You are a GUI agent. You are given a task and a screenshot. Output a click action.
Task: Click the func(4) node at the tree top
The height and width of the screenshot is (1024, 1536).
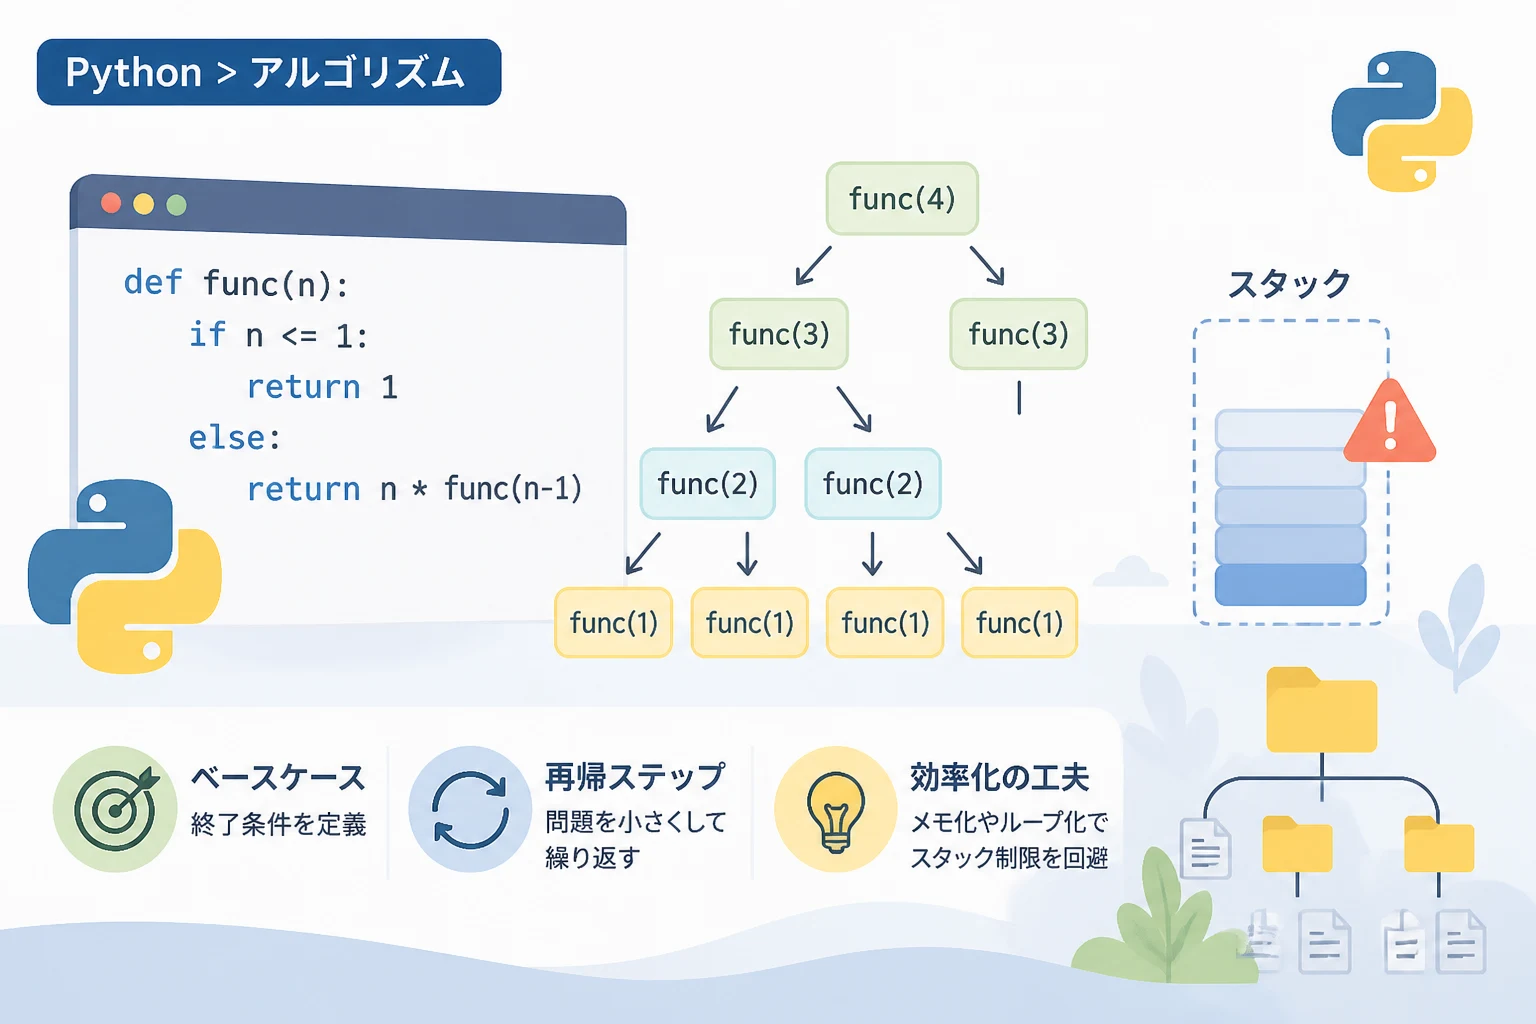[x=902, y=199]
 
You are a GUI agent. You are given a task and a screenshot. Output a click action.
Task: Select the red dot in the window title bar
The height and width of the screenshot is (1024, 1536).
[x=111, y=203]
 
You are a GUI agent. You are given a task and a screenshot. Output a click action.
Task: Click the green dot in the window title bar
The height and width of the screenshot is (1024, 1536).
[x=176, y=204]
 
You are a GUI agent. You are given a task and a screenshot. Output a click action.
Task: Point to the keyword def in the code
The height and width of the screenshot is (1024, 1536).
[x=152, y=283]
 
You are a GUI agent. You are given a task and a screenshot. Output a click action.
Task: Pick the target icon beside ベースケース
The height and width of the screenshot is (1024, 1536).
[x=115, y=809]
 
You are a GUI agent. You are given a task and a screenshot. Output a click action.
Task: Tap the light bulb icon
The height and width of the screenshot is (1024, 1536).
[x=835, y=809]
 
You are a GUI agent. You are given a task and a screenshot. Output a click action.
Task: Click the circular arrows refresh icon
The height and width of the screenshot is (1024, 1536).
[x=470, y=809]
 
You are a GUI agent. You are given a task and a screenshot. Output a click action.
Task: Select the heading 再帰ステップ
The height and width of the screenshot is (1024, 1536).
[x=635, y=777]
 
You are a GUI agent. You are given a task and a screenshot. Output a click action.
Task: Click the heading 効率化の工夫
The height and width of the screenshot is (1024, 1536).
[x=999, y=777]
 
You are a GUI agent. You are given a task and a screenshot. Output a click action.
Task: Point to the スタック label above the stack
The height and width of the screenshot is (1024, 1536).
[x=1289, y=284]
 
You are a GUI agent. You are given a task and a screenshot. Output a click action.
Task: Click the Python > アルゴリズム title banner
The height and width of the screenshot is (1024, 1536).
[x=269, y=72]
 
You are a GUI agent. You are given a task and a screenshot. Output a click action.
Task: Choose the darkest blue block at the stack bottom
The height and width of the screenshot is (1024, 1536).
[x=1290, y=585]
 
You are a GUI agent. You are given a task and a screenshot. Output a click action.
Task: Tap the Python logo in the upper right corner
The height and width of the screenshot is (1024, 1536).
[x=1402, y=121]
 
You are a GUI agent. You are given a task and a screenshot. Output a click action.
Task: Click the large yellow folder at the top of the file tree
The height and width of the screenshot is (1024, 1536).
[x=1321, y=710]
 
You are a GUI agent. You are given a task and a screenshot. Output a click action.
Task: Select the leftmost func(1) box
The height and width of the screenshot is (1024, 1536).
[x=613, y=623]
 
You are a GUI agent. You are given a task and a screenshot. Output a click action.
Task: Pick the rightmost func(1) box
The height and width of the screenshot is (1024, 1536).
[x=1019, y=623]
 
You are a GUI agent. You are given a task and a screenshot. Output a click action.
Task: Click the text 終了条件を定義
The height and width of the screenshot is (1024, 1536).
[x=278, y=824]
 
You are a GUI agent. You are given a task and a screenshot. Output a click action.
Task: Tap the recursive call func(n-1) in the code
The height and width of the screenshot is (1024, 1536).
[x=513, y=488]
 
